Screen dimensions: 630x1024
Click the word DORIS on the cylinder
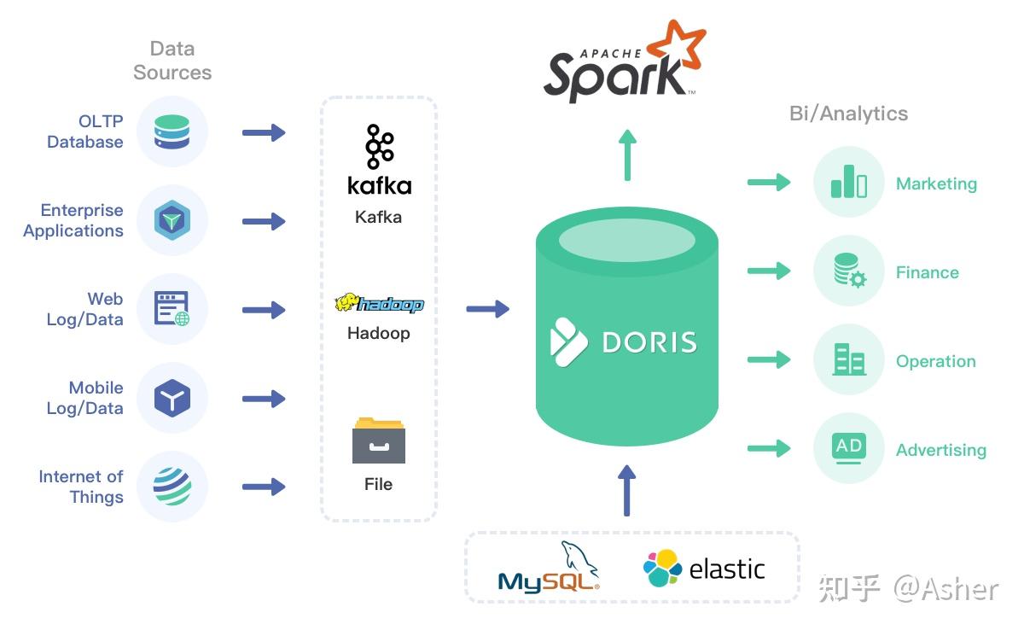tap(649, 342)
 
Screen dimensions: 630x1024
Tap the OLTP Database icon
tap(172, 132)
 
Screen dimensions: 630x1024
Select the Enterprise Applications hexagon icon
tap(172, 221)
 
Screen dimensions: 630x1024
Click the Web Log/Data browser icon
tap(172, 309)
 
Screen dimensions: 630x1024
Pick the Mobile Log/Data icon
tap(172, 398)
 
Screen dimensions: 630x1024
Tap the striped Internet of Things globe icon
tap(172, 486)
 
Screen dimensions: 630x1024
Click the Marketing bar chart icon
tap(848, 182)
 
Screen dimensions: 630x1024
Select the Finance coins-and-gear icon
tap(848, 271)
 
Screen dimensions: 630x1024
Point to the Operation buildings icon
tap(848, 359)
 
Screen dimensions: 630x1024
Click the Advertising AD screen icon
tap(848, 448)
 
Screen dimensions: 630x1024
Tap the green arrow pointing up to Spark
tap(627, 155)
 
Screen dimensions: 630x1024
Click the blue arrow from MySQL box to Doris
tap(627, 490)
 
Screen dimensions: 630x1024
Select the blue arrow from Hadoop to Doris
tap(487, 308)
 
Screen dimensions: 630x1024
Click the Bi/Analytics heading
tap(848, 114)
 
